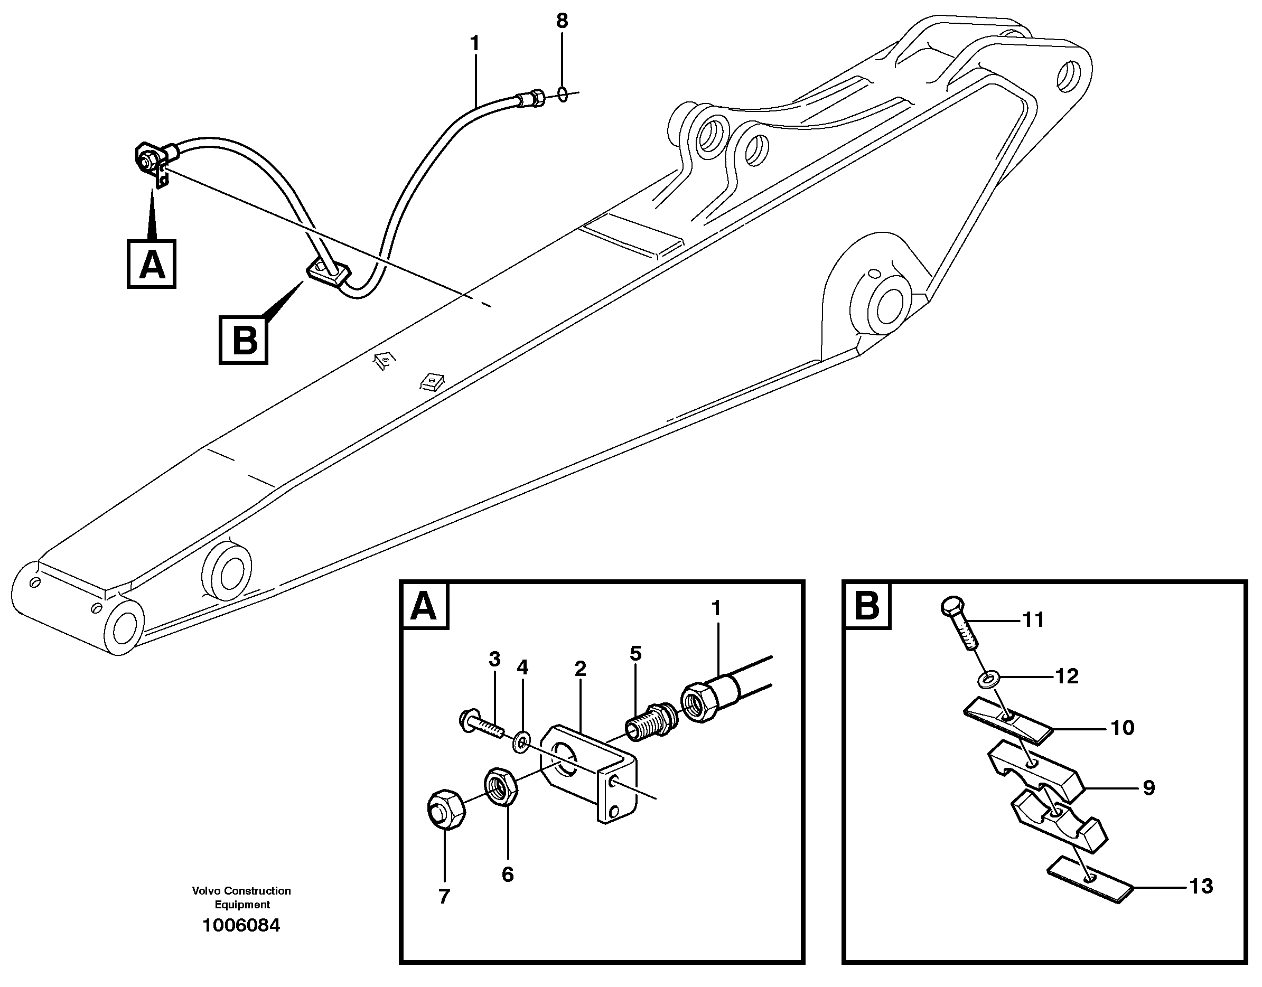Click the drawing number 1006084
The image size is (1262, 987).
coord(241,925)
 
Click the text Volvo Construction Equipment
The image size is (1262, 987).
coord(241,897)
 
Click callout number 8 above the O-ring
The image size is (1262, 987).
coord(562,21)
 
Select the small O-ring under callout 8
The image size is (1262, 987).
coord(563,93)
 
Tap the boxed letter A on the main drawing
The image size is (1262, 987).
coord(152,265)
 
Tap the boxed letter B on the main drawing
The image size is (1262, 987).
coord(244,341)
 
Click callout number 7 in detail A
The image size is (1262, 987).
coord(444,896)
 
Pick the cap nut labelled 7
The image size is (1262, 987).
coord(446,810)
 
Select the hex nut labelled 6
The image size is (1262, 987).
coord(501,787)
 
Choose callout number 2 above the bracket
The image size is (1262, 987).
coord(581,669)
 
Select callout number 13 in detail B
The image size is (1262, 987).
coord(1201,887)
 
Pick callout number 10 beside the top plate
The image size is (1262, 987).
coord(1122,728)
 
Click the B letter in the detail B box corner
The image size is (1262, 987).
coord(866,606)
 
